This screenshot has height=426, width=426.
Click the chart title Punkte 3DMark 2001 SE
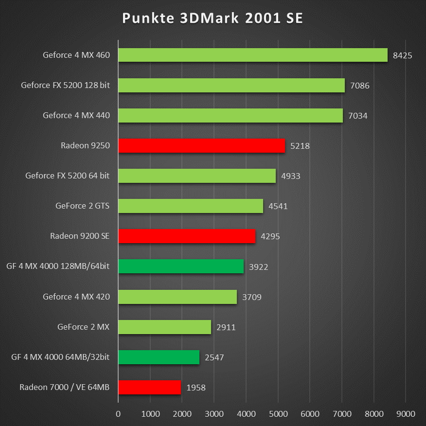(x=213, y=18)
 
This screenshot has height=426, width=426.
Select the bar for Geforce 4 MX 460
(x=253, y=55)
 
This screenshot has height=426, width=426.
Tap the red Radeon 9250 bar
(x=201, y=145)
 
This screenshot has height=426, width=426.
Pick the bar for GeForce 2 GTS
(x=191, y=206)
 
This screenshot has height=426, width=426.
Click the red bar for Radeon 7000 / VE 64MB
(x=149, y=387)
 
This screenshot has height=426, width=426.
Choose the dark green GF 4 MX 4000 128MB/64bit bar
(x=181, y=266)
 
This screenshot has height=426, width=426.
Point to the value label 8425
(x=402, y=55)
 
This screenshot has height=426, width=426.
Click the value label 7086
(x=359, y=86)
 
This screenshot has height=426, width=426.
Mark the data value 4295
(x=270, y=236)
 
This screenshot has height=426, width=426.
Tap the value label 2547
(x=214, y=357)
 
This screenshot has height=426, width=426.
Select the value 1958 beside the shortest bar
(x=196, y=388)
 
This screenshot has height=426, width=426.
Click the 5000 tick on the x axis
(x=278, y=414)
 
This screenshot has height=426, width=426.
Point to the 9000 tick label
(x=406, y=414)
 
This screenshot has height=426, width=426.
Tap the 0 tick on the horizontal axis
(x=118, y=414)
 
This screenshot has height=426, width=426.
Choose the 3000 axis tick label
(x=214, y=414)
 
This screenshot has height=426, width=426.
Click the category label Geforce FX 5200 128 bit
(x=65, y=85)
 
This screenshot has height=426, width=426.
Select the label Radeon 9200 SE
(x=80, y=236)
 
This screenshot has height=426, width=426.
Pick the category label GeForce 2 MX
(x=83, y=327)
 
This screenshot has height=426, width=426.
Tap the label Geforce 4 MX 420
(x=76, y=297)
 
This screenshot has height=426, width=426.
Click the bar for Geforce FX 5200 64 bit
(x=197, y=176)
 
